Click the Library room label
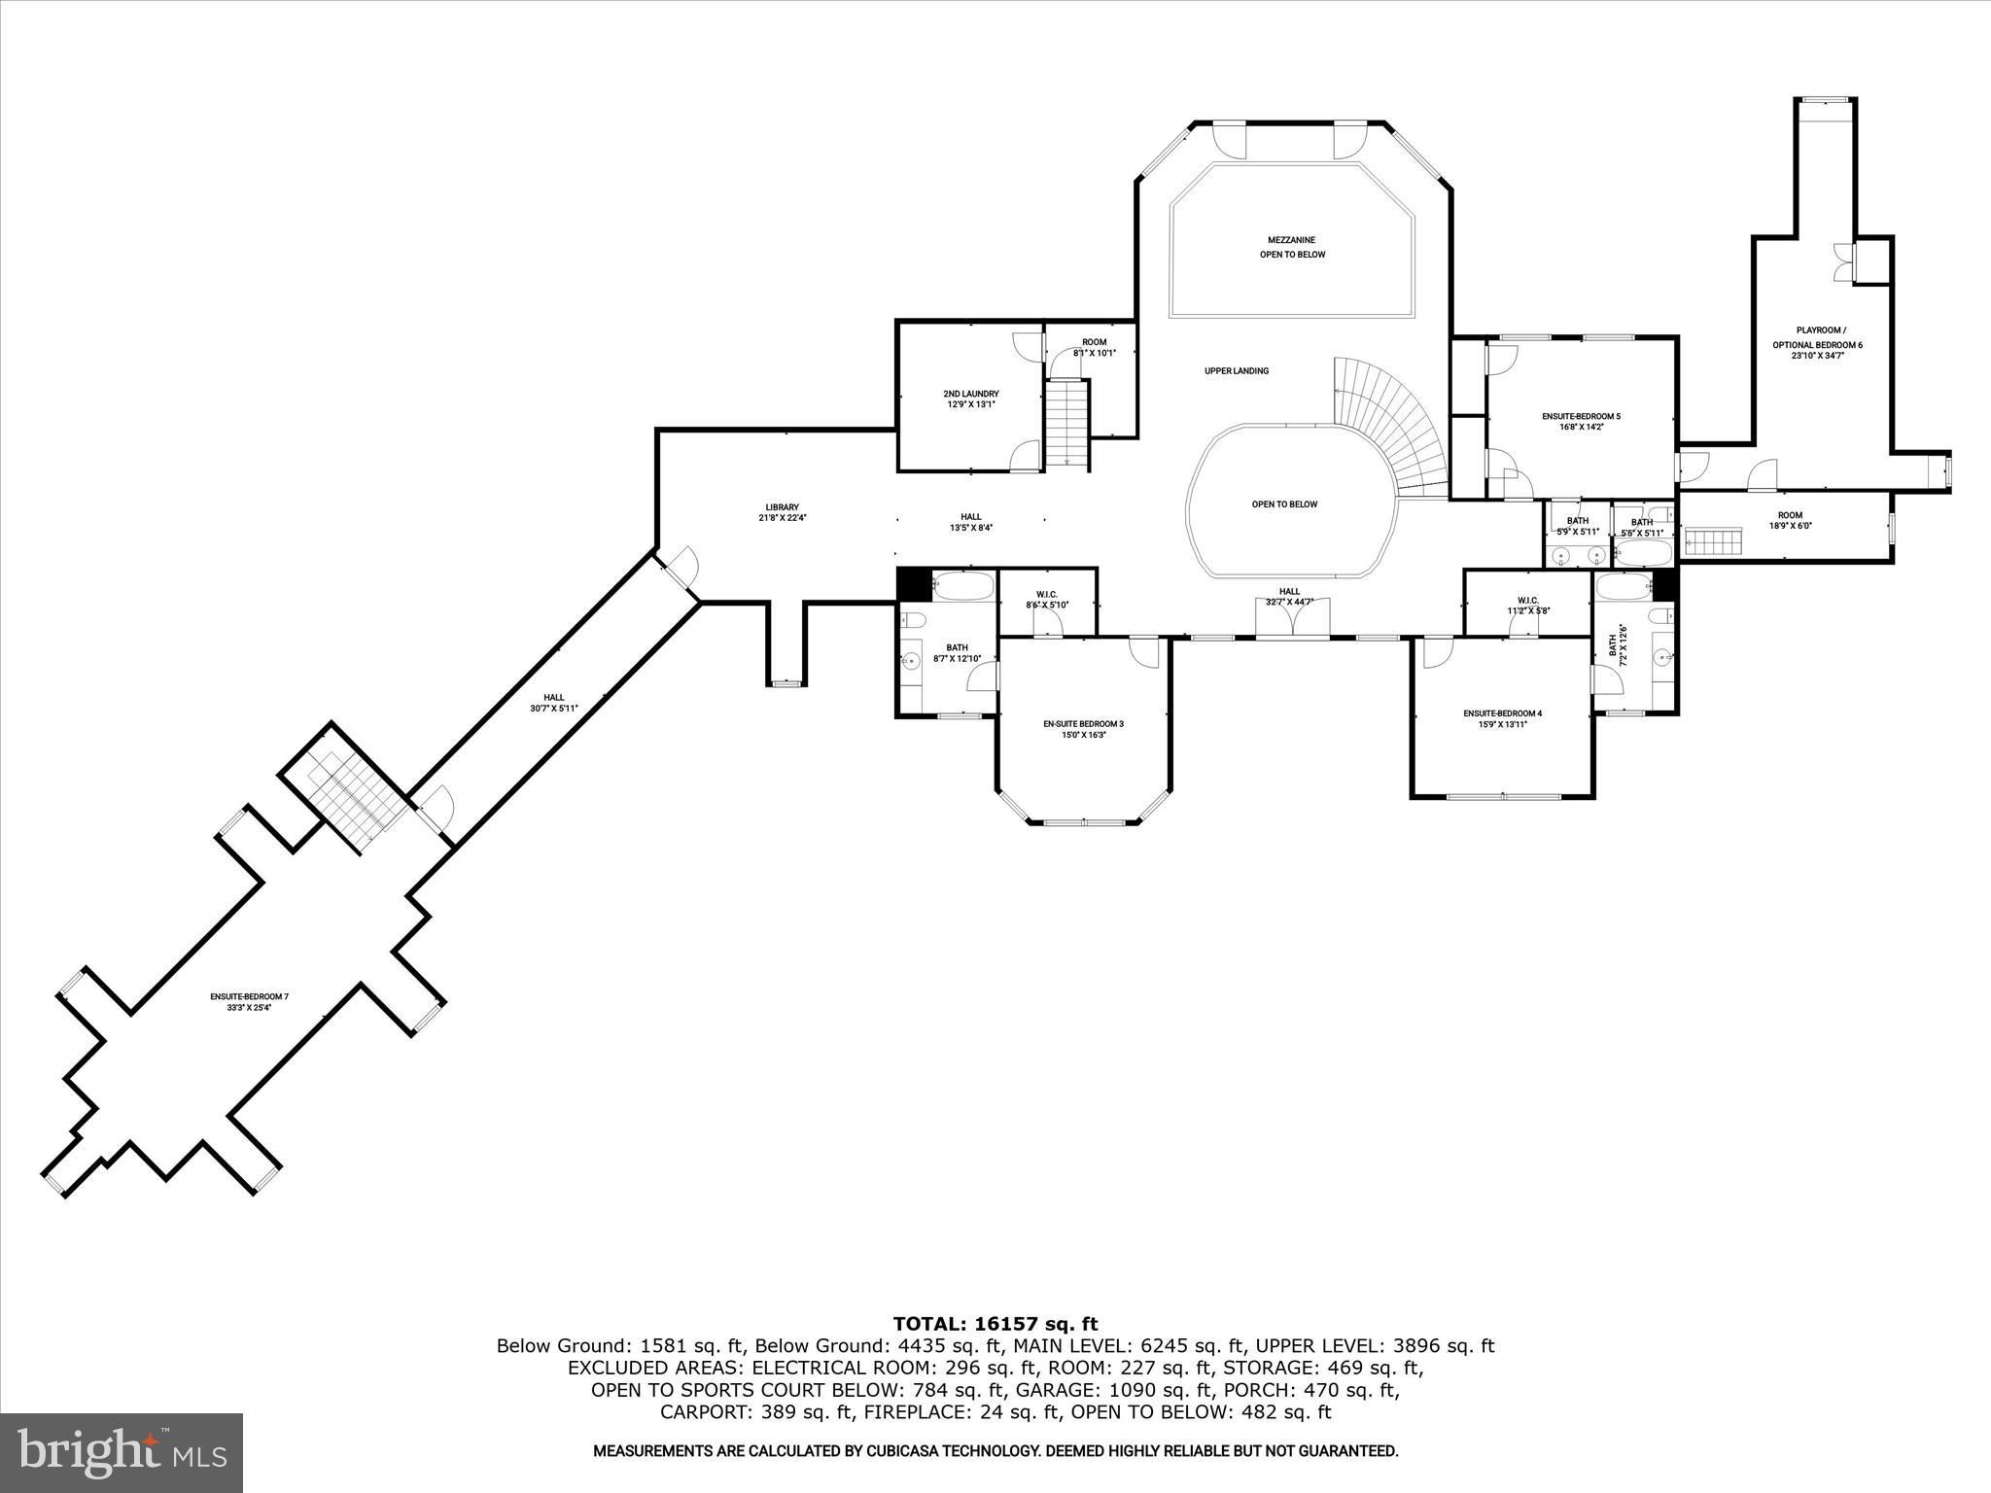click(x=782, y=507)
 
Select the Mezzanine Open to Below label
click(x=1292, y=247)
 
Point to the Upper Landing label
click(x=1237, y=370)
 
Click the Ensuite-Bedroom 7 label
click(x=250, y=996)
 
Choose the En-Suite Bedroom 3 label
click(x=1083, y=723)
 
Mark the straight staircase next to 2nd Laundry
click(x=1066, y=425)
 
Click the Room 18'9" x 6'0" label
click(x=1790, y=521)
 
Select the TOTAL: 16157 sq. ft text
click(x=995, y=1323)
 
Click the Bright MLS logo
click(x=122, y=1452)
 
